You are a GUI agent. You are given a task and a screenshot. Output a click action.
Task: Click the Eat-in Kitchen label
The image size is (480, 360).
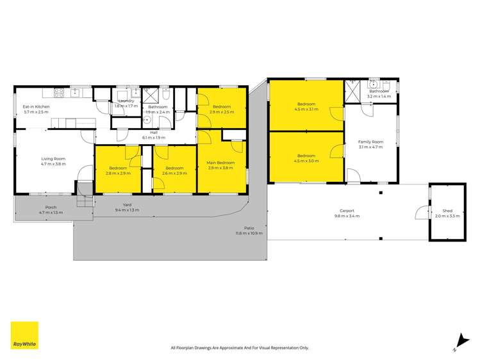[37, 107]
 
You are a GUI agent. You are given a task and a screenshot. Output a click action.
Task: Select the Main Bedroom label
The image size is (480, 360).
[221, 163]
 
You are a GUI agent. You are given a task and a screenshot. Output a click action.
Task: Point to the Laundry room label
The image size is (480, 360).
[126, 101]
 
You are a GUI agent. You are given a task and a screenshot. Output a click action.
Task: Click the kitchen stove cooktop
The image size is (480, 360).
[58, 92]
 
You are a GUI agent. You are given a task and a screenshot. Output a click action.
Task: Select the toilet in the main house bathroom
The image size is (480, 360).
[166, 97]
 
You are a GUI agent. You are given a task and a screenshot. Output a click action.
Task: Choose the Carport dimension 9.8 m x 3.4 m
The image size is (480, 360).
[347, 216]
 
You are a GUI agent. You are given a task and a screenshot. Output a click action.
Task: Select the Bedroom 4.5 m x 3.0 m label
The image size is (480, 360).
[306, 156]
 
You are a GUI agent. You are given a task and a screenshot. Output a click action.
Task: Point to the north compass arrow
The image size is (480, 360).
[460, 341]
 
